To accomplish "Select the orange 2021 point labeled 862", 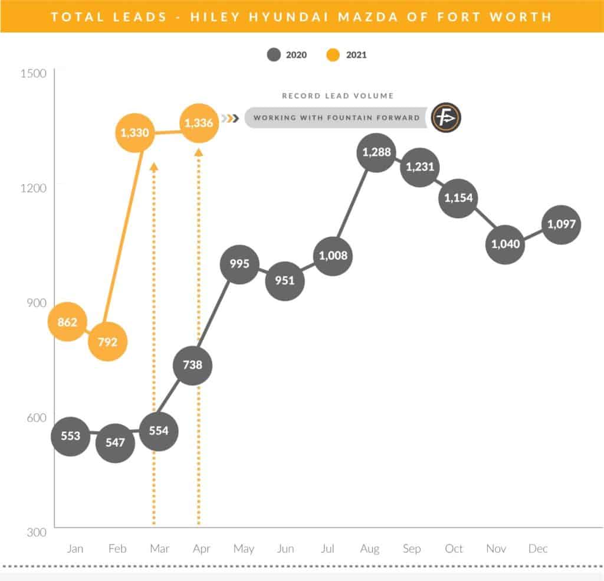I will [68, 322].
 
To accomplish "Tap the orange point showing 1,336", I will [199, 123].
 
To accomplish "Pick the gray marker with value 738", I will [193, 365].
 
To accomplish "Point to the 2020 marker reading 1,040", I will [505, 244].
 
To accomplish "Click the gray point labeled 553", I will [71, 436].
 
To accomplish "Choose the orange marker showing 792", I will [107, 341].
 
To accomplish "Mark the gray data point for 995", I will [239, 264].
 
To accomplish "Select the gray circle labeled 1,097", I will [561, 224].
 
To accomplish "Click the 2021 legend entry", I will [346, 55].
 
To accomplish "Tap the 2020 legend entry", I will [287, 55].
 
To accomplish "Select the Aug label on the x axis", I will [370, 549].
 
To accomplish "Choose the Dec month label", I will [537, 549].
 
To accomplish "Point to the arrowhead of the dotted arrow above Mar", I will [154, 167].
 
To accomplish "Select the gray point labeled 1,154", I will [458, 198].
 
